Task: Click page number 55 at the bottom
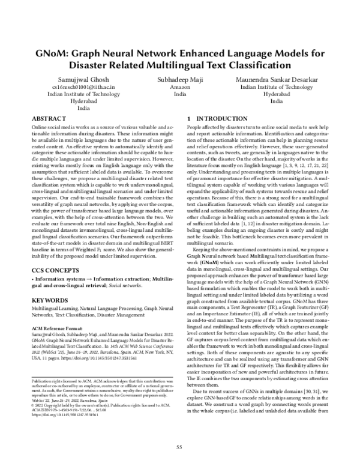click(179, 447)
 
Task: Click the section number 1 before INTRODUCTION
click(189, 120)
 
